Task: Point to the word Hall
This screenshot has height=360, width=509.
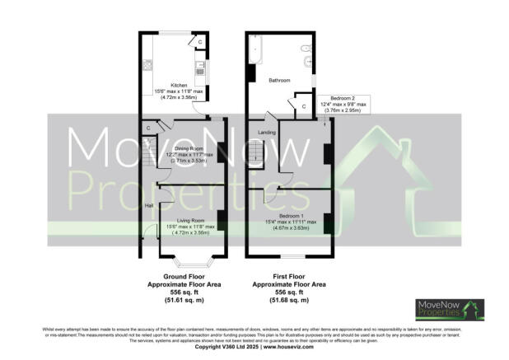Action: tap(150, 204)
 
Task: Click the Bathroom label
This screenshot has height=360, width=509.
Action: tap(280, 80)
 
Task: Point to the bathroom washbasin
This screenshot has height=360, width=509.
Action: tap(308, 61)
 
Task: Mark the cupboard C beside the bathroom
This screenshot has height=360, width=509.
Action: tap(304, 105)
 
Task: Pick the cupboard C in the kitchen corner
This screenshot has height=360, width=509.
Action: tap(201, 41)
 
